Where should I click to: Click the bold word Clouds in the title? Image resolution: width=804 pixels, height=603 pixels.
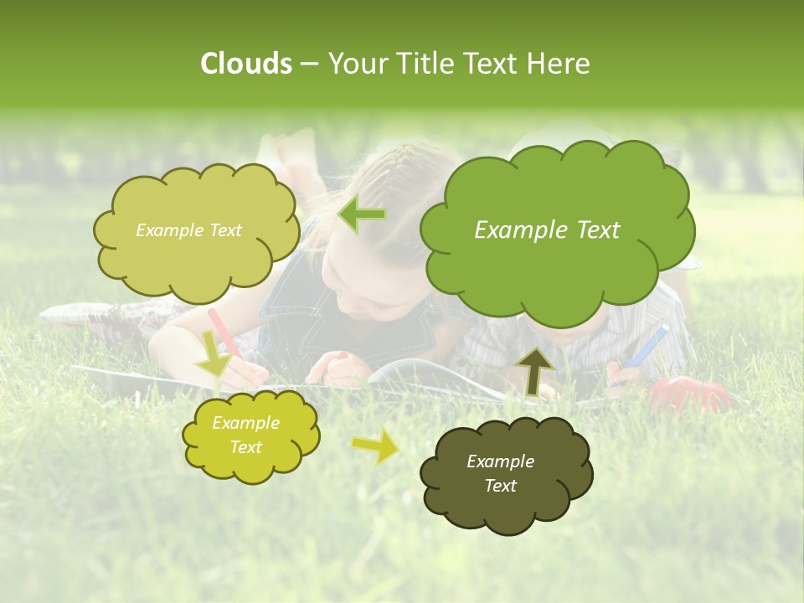(x=245, y=64)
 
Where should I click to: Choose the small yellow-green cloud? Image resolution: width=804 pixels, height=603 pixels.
(x=250, y=435)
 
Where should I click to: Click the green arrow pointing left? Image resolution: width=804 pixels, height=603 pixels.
(x=362, y=214)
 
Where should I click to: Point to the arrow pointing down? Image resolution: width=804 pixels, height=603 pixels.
(x=213, y=353)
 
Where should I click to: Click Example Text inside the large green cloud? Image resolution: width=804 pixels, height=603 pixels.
(x=547, y=230)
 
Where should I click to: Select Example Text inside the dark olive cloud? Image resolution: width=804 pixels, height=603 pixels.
(x=500, y=473)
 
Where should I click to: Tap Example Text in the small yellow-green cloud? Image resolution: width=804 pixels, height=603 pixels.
(x=245, y=435)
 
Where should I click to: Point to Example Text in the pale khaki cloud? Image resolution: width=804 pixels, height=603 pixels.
(x=188, y=230)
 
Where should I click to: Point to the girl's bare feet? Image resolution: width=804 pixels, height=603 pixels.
(x=289, y=155)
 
